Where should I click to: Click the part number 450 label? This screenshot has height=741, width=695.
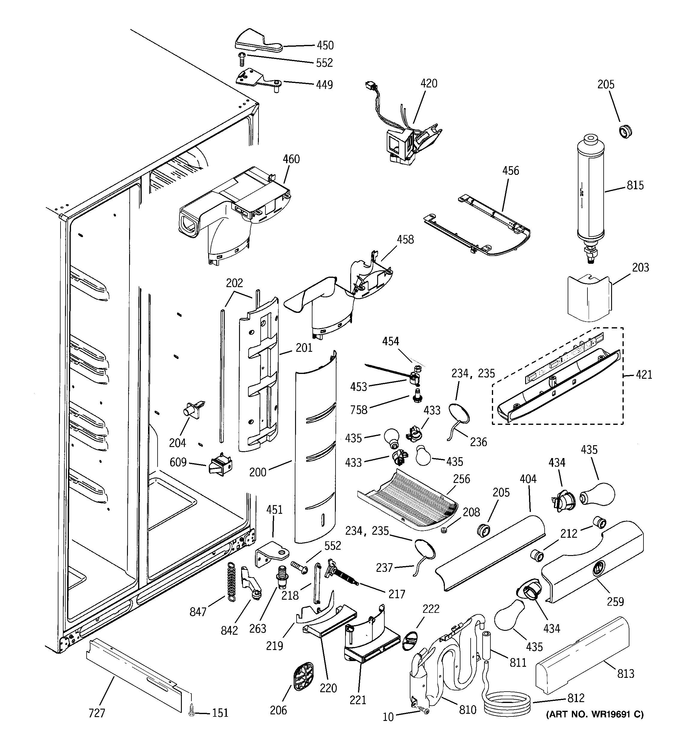(x=325, y=46)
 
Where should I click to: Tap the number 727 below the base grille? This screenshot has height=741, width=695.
(x=97, y=713)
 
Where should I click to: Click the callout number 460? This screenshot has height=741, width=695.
(x=291, y=159)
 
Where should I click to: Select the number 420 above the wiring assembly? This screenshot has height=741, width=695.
(x=429, y=84)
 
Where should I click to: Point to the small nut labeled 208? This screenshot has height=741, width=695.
(x=444, y=531)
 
